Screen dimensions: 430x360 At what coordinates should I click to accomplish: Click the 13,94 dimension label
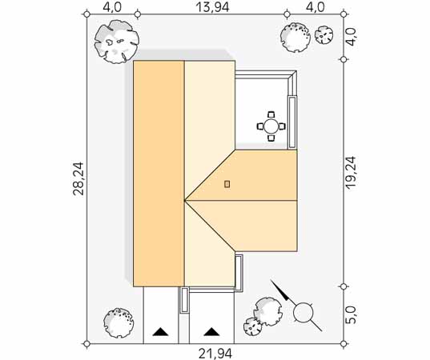212,7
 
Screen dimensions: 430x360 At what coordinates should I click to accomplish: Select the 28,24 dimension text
78,178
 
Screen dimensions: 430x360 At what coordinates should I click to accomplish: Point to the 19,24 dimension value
351,172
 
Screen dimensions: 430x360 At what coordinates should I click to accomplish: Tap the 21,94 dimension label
215,354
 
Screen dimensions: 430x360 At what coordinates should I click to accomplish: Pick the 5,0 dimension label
352,314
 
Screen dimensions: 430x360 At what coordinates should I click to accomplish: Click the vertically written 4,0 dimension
352,37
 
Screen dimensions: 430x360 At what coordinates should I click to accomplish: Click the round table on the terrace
271,126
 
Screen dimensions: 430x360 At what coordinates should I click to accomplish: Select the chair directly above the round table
271,114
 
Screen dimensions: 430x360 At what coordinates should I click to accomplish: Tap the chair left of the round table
260,126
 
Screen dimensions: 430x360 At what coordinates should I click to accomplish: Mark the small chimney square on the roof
227,184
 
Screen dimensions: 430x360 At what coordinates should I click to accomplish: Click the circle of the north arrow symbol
303,312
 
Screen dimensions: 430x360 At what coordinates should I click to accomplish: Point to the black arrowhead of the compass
286,296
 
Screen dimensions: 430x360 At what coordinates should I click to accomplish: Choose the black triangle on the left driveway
160,331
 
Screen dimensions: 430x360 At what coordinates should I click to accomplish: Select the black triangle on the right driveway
211,331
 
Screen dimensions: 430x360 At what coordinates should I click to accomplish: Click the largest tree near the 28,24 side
117,42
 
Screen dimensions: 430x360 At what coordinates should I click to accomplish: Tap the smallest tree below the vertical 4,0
324,34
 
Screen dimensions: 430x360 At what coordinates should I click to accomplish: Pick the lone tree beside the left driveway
119,322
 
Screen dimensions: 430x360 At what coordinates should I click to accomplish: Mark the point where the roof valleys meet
184,201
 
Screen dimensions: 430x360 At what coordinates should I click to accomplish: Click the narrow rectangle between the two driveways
184,300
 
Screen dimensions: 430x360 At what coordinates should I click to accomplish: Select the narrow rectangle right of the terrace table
292,122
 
